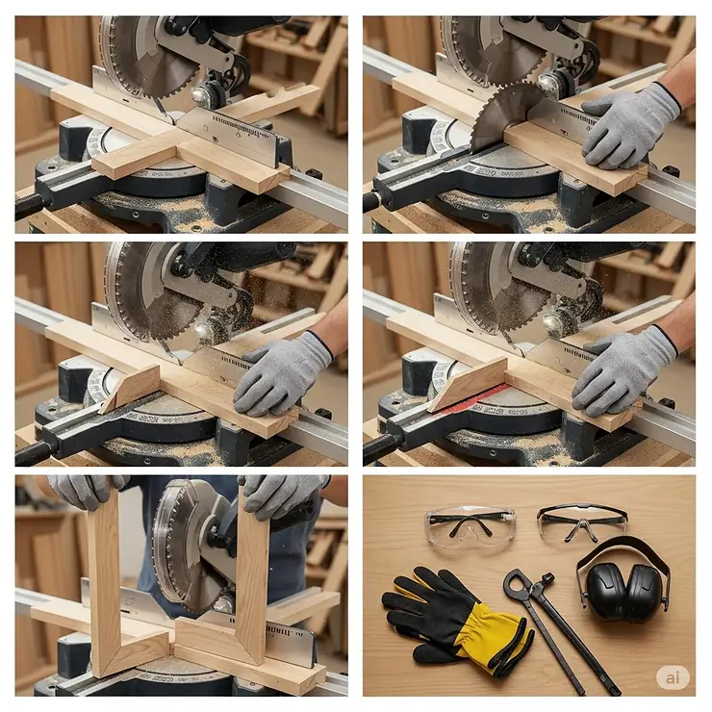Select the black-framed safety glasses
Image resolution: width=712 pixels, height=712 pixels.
[581, 521]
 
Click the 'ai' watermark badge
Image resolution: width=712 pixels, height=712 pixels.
[673, 677]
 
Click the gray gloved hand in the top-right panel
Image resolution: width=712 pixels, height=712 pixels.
[630, 124]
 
